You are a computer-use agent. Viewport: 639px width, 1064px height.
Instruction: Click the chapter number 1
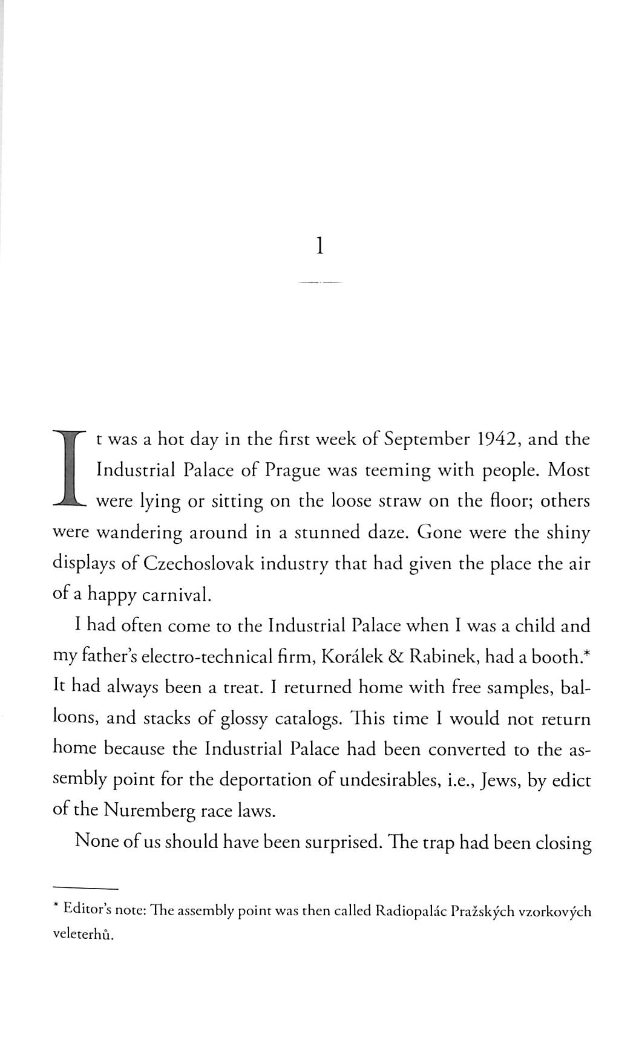[x=320, y=246]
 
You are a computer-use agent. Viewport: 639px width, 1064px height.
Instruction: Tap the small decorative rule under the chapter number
[x=320, y=282]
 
